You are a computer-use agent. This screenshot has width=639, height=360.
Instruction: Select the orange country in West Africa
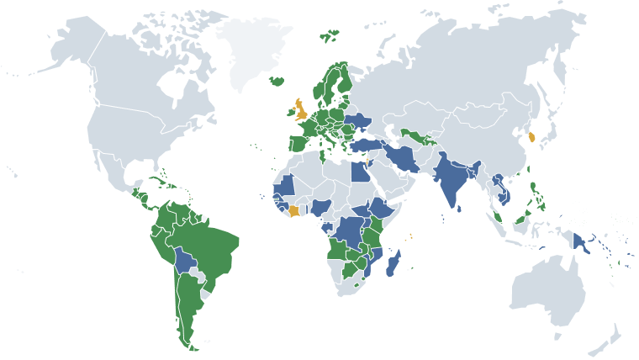[293, 210]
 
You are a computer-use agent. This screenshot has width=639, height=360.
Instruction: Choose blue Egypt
[357, 172]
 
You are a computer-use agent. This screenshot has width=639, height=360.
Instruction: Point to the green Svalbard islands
[330, 35]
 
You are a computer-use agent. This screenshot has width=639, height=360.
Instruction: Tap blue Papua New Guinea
[581, 244]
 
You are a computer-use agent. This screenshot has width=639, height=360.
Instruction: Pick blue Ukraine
[360, 119]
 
